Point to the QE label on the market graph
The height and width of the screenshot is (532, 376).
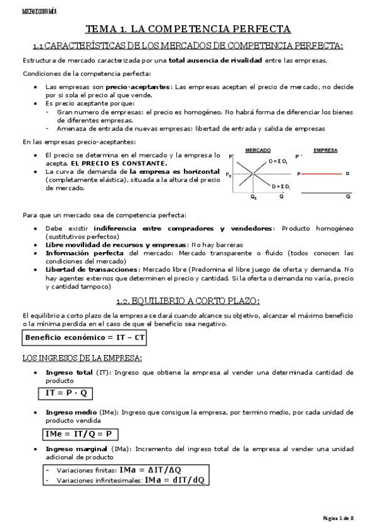click(x=253, y=197)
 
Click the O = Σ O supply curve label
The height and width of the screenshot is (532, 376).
click(x=279, y=161)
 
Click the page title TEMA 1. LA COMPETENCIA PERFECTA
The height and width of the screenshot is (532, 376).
click(x=188, y=29)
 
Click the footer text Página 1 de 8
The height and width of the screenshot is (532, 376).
click(x=338, y=518)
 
